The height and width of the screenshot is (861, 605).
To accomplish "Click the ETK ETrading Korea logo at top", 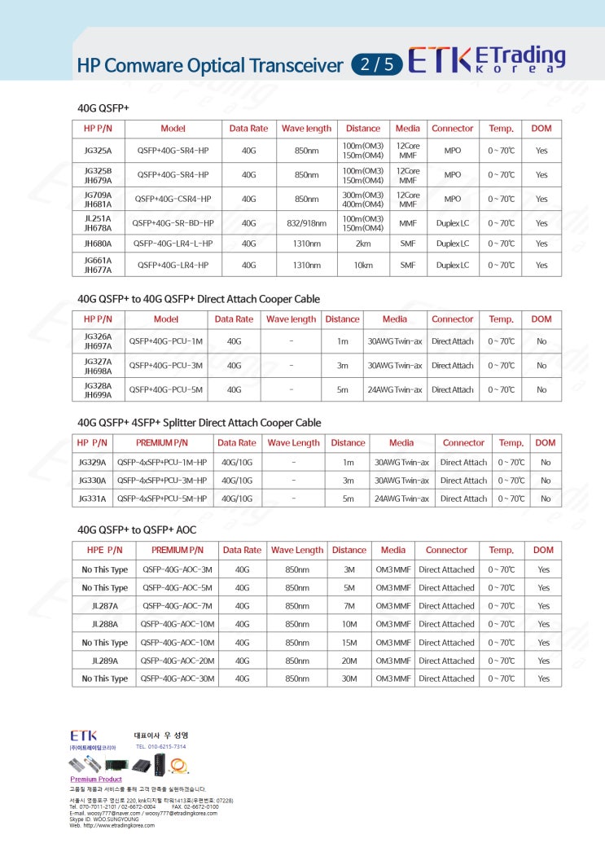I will [x=486, y=59].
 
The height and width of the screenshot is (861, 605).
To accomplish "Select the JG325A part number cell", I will [x=99, y=151].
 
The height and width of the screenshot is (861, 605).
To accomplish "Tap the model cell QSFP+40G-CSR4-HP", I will [x=173, y=199].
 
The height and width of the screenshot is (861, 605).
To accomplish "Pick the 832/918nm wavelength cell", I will [x=306, y=223].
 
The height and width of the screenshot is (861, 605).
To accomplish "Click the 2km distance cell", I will [x=362, y=244].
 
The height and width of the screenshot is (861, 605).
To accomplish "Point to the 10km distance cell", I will [x=362, y=265].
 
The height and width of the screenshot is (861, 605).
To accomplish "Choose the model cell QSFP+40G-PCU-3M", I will [x=165, y=366].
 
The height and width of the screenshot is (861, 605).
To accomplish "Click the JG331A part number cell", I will [x=92, y=499].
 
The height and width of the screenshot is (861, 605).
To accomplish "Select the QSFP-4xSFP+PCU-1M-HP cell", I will [x=162, y=462].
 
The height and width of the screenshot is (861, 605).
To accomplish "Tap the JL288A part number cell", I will [x=105, y=624].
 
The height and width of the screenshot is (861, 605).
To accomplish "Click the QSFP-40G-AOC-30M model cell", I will [x=178, y=679].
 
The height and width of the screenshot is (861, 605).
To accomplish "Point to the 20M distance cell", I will [x=349, y=661].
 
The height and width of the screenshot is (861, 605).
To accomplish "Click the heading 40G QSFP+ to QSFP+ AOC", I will [x=137, y=529].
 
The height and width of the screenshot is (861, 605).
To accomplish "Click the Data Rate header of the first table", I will [x=248, y=129].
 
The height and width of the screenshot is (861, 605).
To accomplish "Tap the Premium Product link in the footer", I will [x=95, y=780].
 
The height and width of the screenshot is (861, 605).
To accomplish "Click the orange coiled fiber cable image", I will [x=179, y=765].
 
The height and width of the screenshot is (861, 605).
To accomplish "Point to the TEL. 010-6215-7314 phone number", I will [x=160, y=746].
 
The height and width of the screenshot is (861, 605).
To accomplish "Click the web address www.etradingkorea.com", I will [x=117, y=825].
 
